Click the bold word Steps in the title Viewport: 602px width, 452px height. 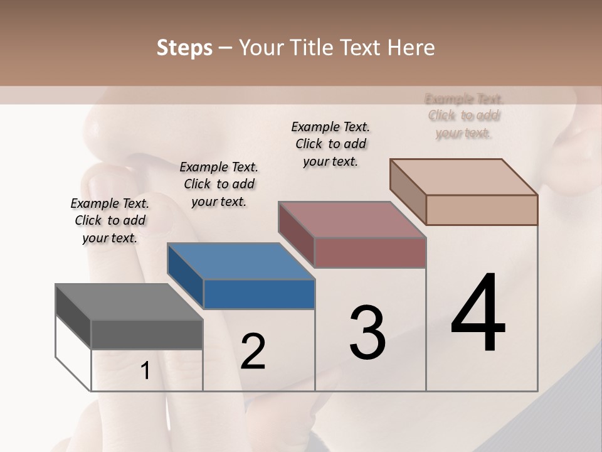click(184, 48)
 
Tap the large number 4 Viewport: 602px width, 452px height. click(478, 314)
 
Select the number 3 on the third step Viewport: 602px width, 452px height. click(367, 333)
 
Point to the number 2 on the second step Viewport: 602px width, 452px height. click(253, 352)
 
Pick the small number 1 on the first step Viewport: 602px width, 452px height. click(145, 371)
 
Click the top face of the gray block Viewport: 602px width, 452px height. click(129, 302)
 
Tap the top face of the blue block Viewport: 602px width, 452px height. click(241, 261)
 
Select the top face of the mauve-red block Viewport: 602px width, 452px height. click(352, 220)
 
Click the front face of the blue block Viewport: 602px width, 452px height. click(259, 294)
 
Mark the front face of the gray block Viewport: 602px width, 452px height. click(147, 335)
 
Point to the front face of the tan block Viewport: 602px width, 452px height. click(482, 210)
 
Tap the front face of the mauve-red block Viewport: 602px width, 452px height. click(370, 252)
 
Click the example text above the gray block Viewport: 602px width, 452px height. click(110, 220)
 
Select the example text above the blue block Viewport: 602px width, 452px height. click(219, 184)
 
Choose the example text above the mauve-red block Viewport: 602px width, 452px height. click(330, 144)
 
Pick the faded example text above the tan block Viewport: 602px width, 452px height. click(464, 116)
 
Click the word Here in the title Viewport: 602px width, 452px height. click(411, 48)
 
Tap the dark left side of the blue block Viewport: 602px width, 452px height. click(185, 275)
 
